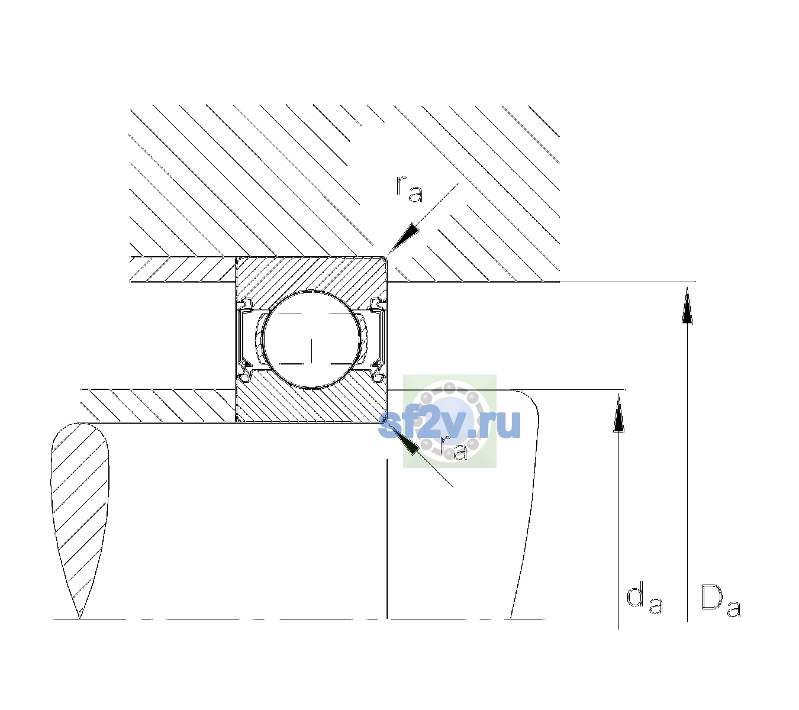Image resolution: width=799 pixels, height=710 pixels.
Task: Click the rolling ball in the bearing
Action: [x=311, y=340]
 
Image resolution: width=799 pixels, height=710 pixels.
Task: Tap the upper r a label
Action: [x=410, y=189]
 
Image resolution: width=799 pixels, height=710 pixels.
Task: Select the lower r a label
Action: [x=453, y=447]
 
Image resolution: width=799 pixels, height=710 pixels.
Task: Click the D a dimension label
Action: [x=721, y=601]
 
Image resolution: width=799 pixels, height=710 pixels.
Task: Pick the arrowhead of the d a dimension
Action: [x=618, y=412]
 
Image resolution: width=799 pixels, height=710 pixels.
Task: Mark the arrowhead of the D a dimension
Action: [x=687, y=305]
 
